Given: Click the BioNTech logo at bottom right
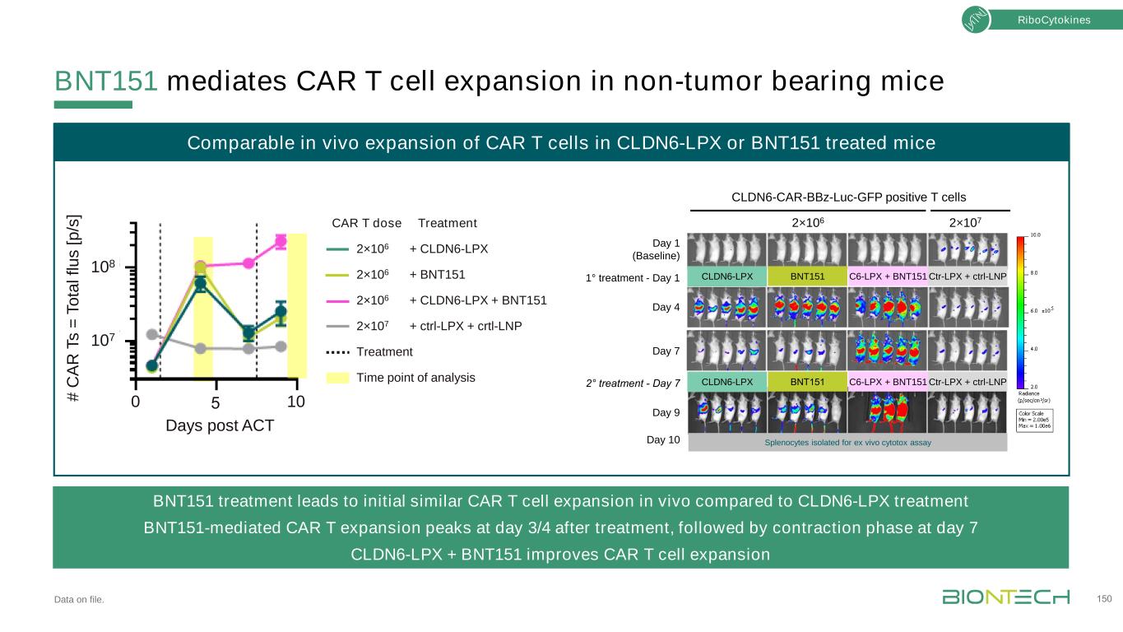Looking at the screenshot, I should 1005,597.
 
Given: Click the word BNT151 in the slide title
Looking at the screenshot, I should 106,81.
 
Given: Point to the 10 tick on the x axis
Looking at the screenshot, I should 296,402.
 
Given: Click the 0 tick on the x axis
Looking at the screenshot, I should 137,402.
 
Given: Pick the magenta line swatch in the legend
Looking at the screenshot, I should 338,300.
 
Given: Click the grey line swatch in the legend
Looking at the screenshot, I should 338,326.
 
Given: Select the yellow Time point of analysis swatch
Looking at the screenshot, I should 338,378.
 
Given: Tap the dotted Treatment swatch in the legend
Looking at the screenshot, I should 338,352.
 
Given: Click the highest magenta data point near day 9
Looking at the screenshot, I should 281,241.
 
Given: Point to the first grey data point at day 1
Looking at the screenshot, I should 151,334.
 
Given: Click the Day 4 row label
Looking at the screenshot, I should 666,308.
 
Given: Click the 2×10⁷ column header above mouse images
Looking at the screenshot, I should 968,221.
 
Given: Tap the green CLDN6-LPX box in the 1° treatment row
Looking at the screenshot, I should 727,277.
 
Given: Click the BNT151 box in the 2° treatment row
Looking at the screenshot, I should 807,382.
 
